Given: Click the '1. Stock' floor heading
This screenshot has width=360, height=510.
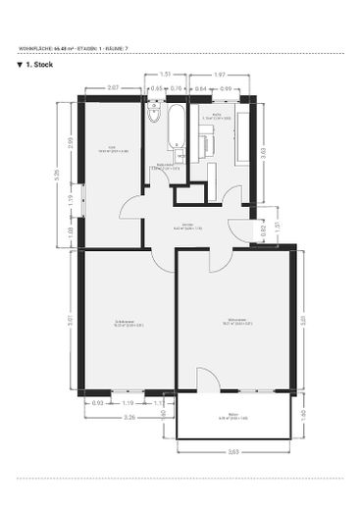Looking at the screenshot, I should coord(39,66).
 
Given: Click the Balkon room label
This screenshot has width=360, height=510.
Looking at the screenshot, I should coord(232,418).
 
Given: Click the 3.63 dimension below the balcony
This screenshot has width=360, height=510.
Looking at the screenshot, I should coord(233,451).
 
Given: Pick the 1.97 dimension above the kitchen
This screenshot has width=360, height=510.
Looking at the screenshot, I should coord(220,75).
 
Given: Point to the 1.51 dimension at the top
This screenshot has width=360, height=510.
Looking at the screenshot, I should coord(165,75).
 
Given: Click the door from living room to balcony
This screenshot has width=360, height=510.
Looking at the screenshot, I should coord(206,382).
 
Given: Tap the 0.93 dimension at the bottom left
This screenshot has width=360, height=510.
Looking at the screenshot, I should coord(96,403).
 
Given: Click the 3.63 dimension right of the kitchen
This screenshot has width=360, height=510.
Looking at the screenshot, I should coord(262,153).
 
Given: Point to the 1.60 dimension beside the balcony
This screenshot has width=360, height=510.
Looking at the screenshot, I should coord(302,415).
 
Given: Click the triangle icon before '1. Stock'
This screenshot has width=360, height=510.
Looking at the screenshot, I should coord(21,66).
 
